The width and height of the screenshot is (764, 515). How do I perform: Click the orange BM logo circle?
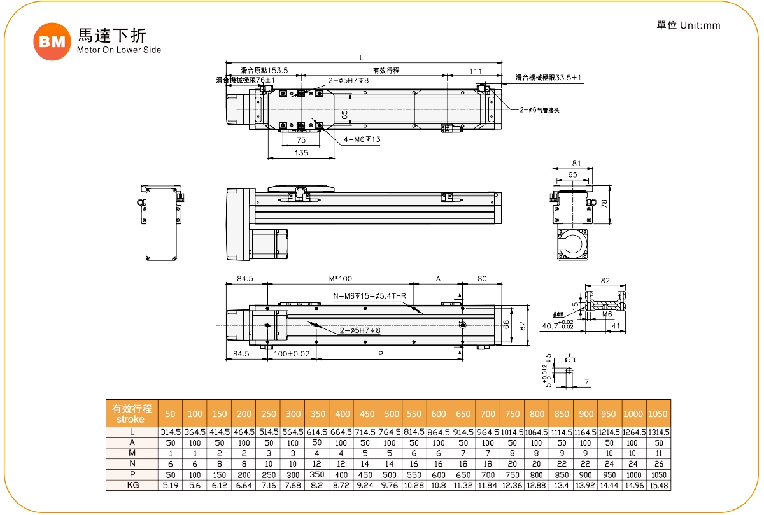(x=52, y=41)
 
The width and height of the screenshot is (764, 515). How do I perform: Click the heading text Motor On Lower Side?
(x=118, y=50)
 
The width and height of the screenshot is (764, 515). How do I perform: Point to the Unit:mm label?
(x=688, y=25)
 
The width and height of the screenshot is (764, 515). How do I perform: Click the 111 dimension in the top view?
(x=476, y=71)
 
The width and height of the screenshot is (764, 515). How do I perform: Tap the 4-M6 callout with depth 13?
(x=363, y=139)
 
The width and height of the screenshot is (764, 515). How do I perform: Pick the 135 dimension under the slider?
(x=301, y=153)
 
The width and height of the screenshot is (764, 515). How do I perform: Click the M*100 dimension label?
(x=341, y=279)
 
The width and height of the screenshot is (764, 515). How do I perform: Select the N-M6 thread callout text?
(x=370, y=295)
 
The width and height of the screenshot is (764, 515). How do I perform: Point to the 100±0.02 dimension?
(x=292, y=353)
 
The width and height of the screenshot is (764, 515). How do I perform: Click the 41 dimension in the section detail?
(x=615, y=326)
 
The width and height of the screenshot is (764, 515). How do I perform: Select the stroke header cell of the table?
(x=132, y=414)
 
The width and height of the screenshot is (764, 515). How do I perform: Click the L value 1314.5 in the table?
(x=658, y=432)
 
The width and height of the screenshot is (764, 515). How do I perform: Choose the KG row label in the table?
(x=132, y=485)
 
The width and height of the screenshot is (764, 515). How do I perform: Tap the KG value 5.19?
(x=170, y=485)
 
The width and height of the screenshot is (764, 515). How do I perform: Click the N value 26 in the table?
(x=658, y=464)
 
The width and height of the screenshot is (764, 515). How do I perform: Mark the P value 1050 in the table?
(x=658, y=474)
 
